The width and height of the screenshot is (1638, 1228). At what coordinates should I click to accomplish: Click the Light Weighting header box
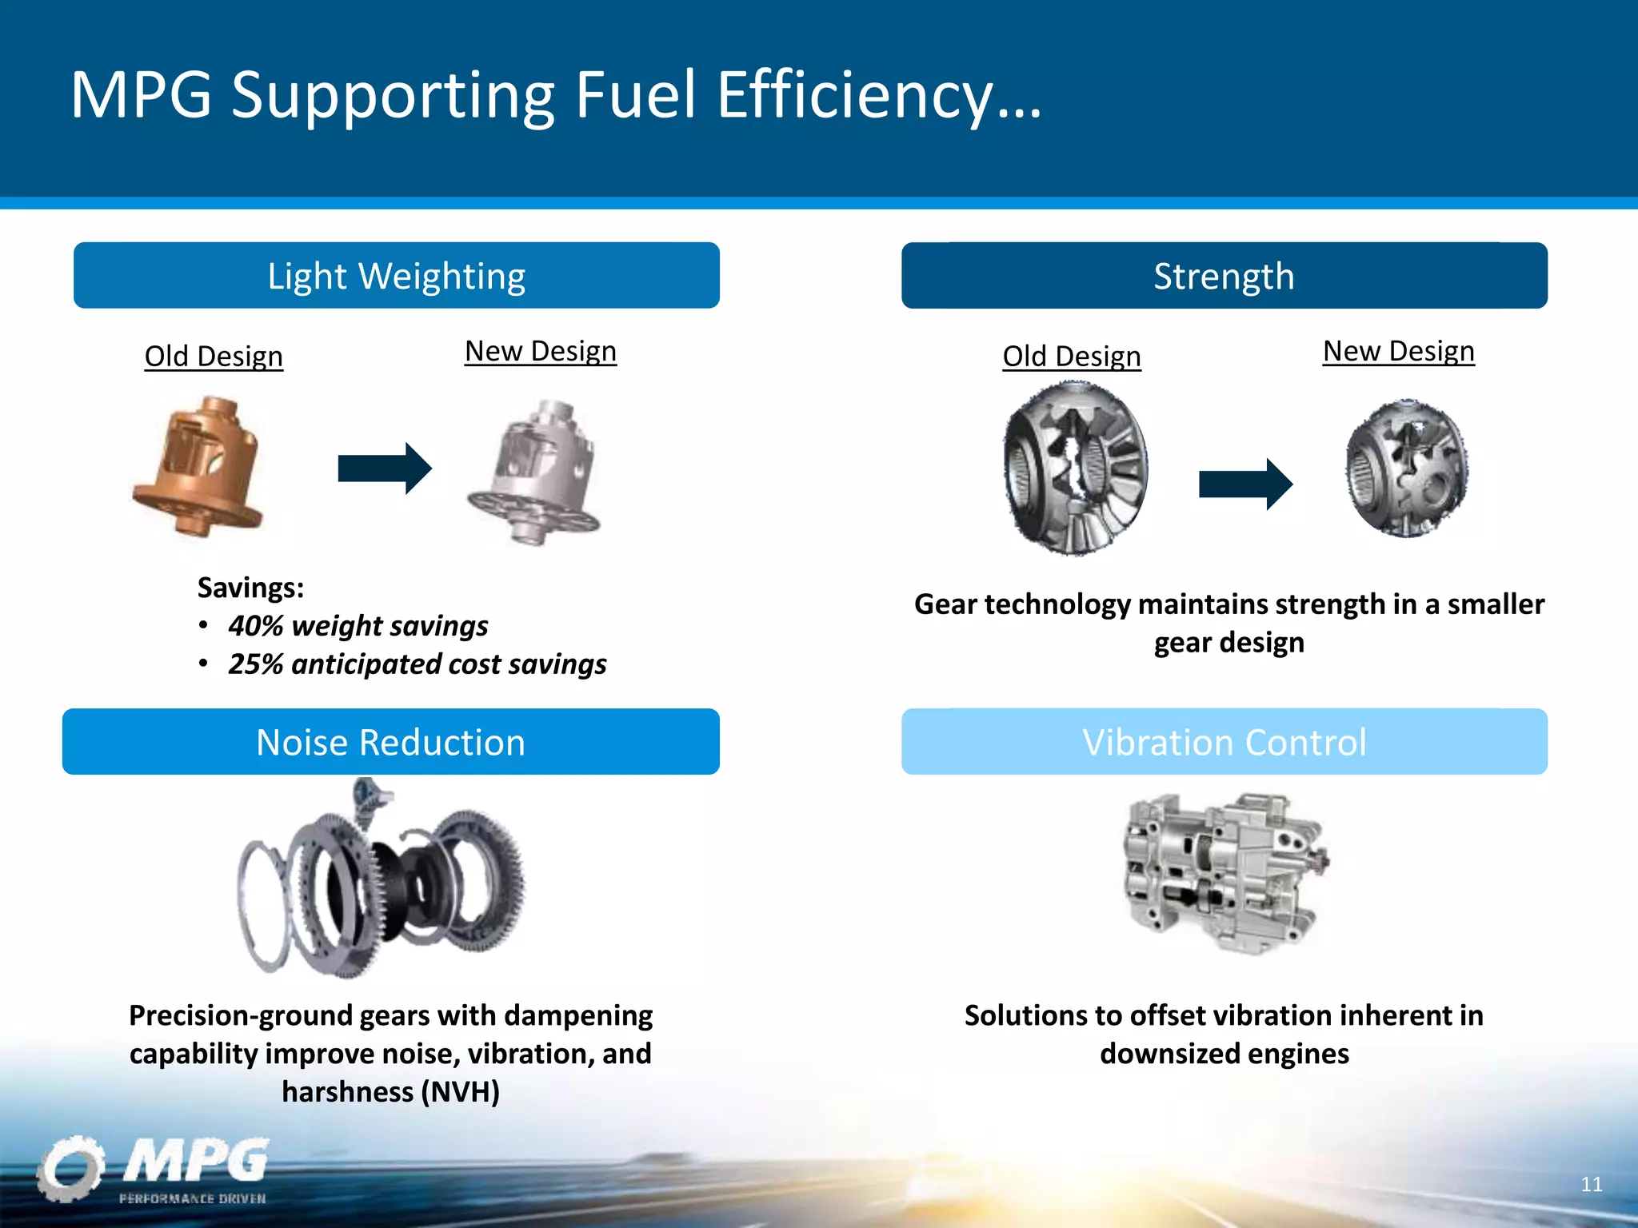pyautogui.click(x=396, y=276)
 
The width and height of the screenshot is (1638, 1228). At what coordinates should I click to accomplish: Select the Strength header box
pyautogui.click(x=1224, y=276)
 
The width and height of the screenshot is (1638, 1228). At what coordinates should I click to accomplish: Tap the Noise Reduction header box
pyautogui.click(x=390, y=742)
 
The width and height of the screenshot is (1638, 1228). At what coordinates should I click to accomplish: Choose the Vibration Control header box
pyautogui.click(x=1224, y=742)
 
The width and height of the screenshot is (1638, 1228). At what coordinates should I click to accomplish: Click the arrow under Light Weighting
pyautogui.click(x=385, y=468)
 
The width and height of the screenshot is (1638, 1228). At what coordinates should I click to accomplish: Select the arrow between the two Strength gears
pyautogui.click(x=1245, y=484)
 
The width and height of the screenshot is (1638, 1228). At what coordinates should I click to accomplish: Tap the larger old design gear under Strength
pyautogui.click(x=1076, y=469)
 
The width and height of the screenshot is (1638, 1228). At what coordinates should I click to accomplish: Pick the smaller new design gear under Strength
pyautogui.click(x=1407, y=469)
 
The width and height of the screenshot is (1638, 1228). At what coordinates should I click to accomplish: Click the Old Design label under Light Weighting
pyautogui.click(x=214, y=357)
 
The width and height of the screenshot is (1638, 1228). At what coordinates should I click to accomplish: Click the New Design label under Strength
pyautogui.click(x=1398, y=352)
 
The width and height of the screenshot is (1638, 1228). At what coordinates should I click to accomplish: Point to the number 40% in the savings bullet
pyautogui.click(x=255, y=626)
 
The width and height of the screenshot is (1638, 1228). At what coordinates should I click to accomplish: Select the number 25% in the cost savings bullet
pyautogui.click(x=255, y=664)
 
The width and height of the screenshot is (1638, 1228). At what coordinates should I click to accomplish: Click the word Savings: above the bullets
pyautogui.click(x=250, y=588)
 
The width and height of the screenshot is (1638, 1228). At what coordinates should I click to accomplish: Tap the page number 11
pyautogui.click(x=1591, y=1184)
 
